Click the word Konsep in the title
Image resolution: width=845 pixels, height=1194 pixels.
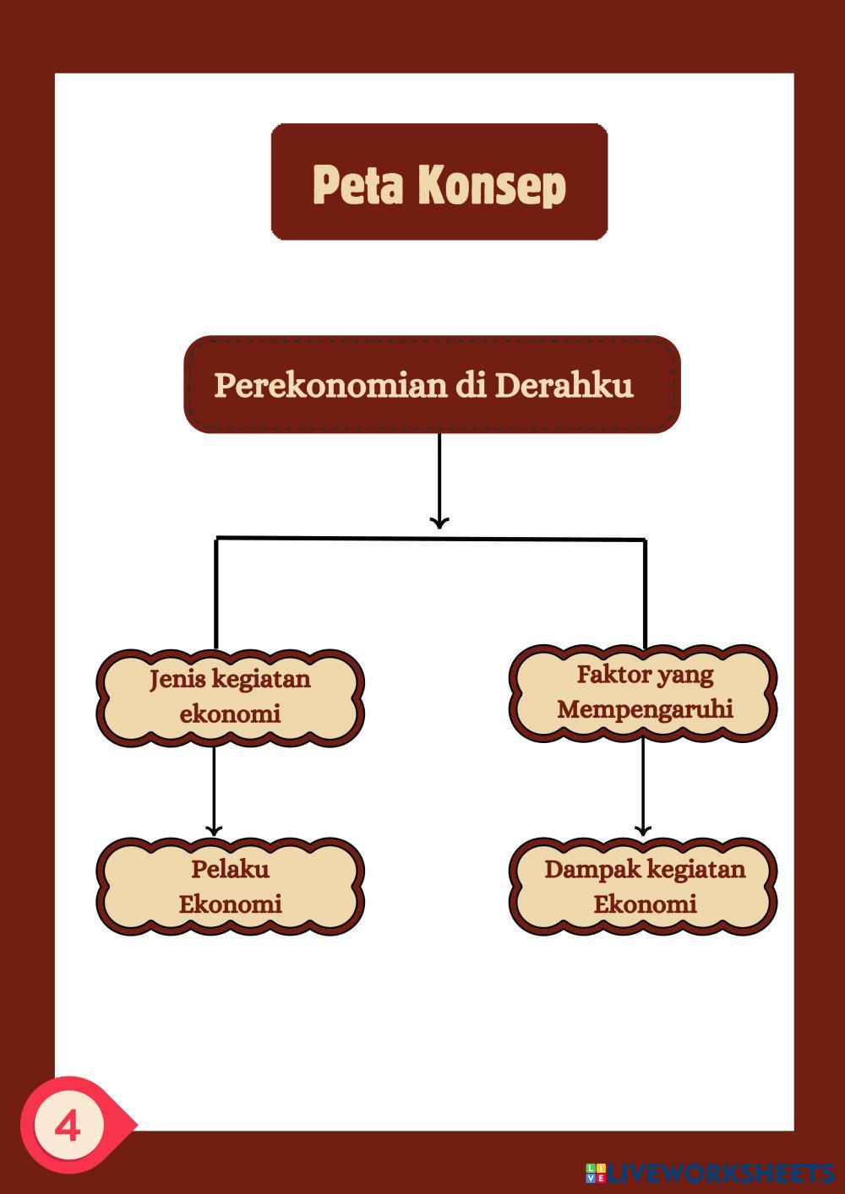tap(492, 186)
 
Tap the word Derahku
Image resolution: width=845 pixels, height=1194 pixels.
tap(564, 384)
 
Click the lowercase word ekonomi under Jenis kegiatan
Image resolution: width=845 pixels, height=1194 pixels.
tap(230, 714)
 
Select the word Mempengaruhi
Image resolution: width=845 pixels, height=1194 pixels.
tap(645, 708)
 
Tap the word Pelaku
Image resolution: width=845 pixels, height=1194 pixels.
tap(230, 869)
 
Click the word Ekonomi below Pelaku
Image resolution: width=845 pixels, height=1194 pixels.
tap(230, 904)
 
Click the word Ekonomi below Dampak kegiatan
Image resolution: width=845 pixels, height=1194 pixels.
tap(645, 904)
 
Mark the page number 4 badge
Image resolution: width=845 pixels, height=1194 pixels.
tap(68, 1126)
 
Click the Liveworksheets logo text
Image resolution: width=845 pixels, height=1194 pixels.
tap(719, 1174)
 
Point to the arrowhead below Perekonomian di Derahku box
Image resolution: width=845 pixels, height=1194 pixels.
tap(439, 523)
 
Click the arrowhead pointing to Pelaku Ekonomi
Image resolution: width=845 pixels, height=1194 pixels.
tap(214, 829)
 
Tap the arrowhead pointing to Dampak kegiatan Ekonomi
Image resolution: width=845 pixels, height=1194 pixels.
tap(643, 829)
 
